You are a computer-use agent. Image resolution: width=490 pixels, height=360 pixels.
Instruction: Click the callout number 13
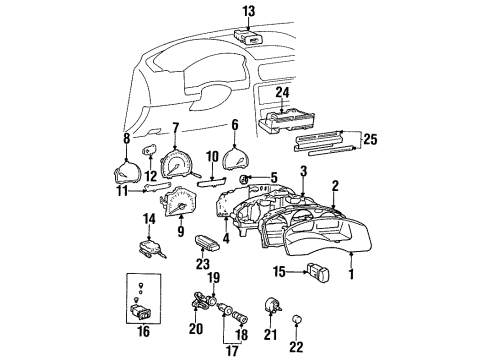click(x=248, y=11)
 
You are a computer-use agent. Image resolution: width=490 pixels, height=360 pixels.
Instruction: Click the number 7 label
click(x=176, y=128)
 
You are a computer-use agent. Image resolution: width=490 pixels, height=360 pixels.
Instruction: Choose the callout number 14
click(x=149, y=218)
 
